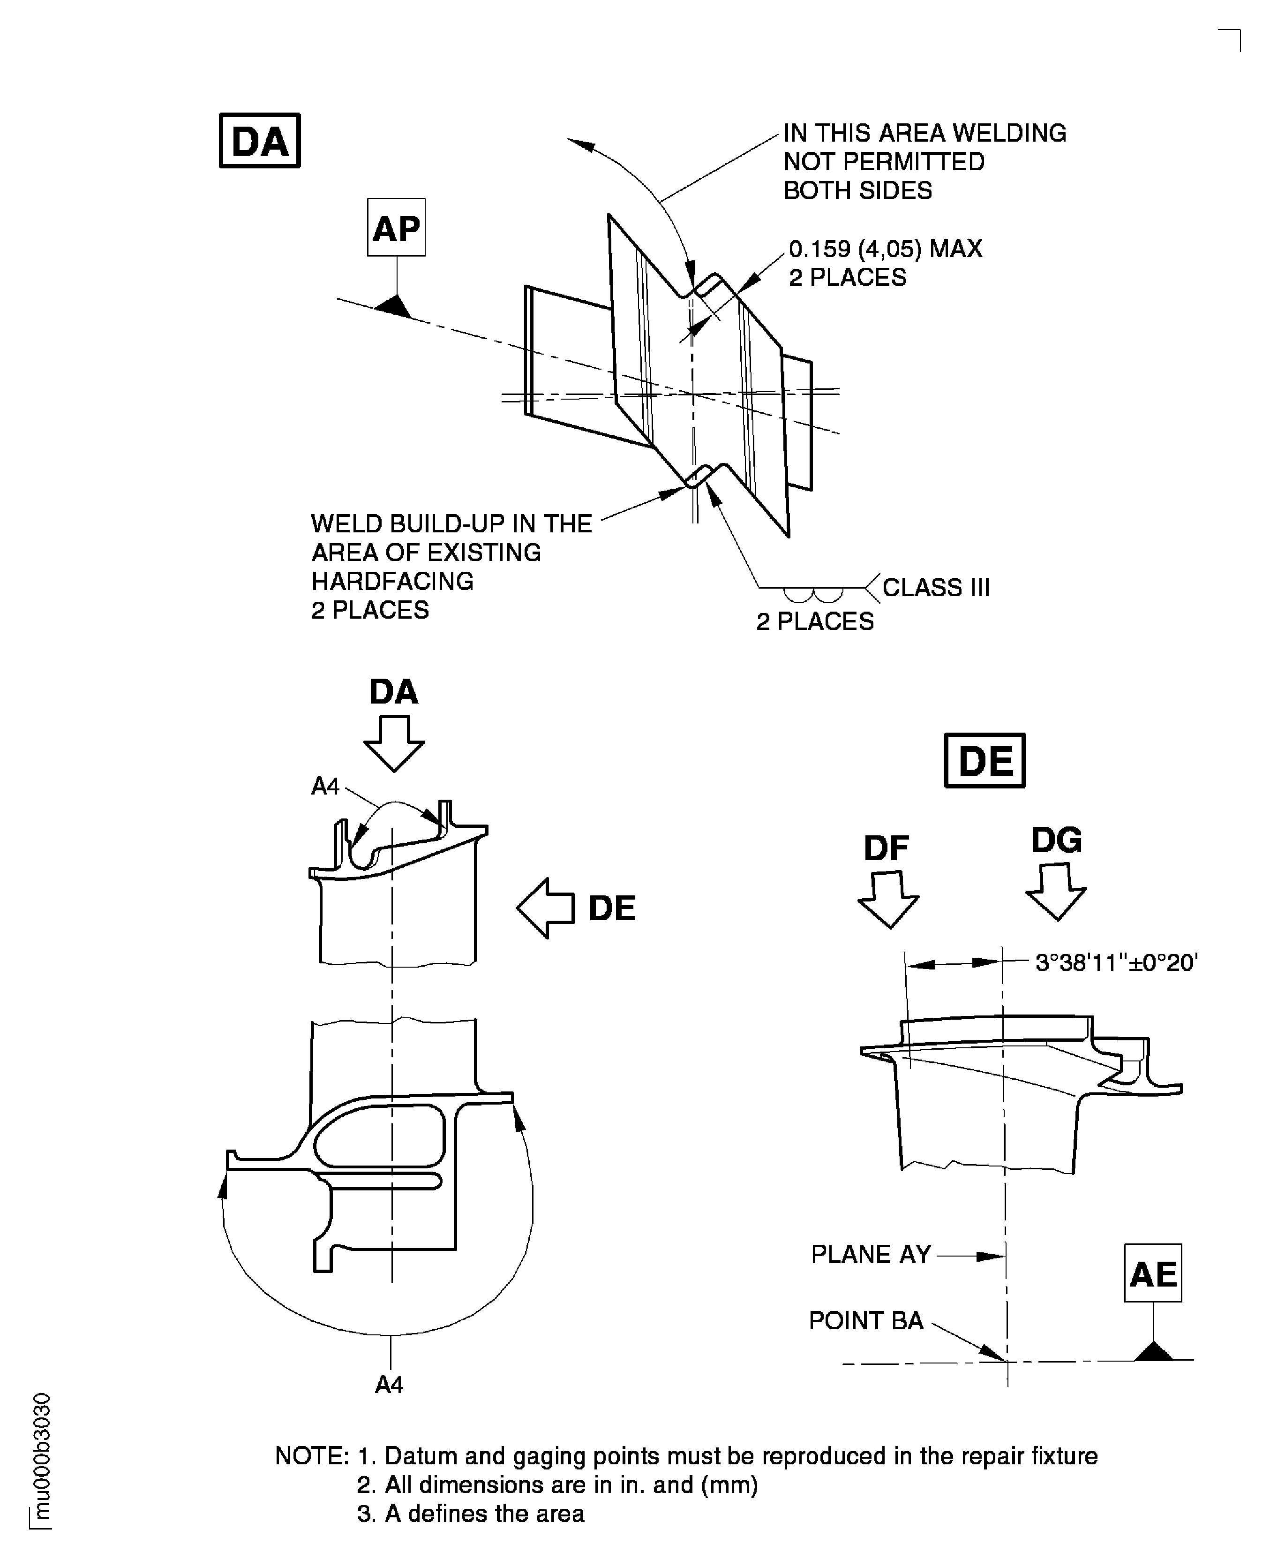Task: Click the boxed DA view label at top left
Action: (x=260, y=141)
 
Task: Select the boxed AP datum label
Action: (x=396, y=227)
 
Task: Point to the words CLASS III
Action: (x=936, y=588)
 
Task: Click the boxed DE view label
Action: (x=984, y=760)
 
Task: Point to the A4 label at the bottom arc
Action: (x=389, y=1385)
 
